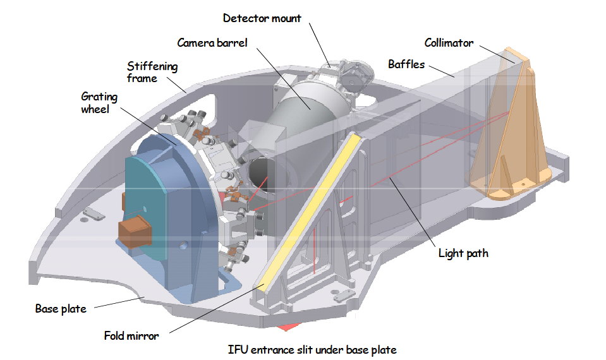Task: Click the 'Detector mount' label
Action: point(262,18)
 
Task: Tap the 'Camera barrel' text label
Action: point(212,43)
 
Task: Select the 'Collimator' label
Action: point(449,43)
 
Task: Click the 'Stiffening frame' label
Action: point(152,73)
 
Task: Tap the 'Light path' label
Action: point(463,254)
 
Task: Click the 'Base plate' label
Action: point(60,309)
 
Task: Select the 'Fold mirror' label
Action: point(131,336)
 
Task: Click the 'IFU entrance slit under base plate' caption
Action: point(312,349)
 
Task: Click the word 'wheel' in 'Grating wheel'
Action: point(99,110)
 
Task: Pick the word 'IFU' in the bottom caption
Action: point(238,349)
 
